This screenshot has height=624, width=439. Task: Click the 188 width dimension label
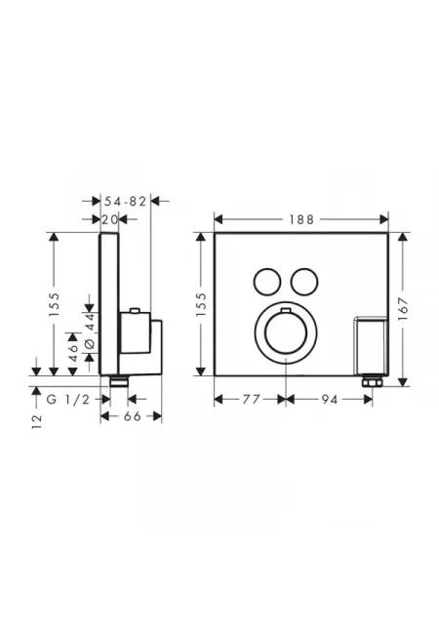coord(301,219)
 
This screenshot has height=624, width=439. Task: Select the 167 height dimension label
coord(403,307)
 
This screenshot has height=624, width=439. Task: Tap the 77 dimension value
coord(252,399)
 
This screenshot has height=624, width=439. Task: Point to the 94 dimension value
coord(330,399)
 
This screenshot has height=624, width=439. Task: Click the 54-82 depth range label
coord(126,202)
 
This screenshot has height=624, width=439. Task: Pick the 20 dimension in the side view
coord(109,219)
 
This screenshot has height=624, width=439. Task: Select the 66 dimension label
coord(133,416)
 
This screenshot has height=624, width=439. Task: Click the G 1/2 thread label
coord(68,399)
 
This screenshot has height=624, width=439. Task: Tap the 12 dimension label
coord(37,421)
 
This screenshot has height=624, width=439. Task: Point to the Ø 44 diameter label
coord(90,331)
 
